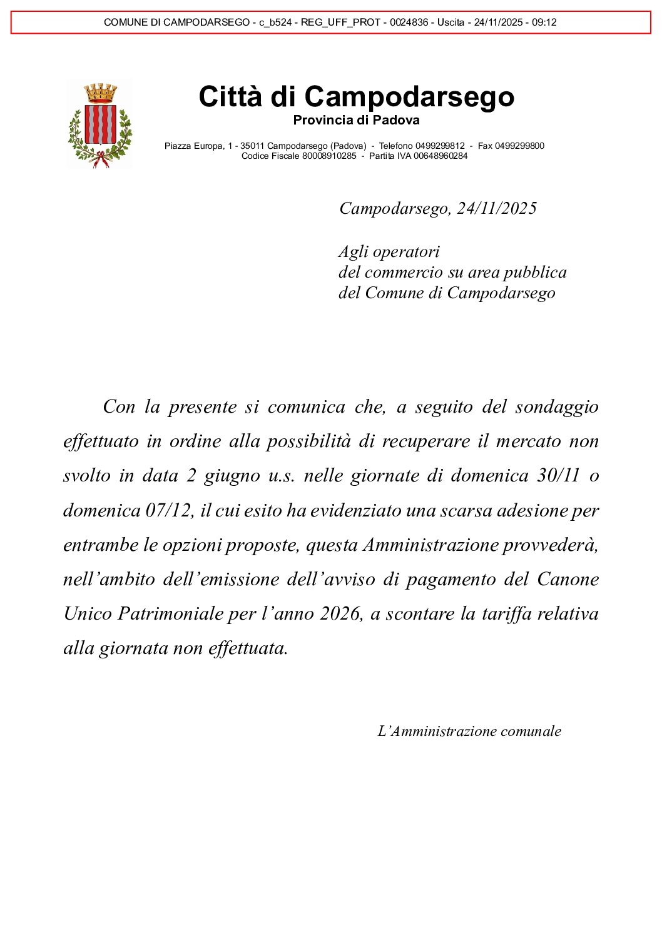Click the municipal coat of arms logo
tap(100, 126)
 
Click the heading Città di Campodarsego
tap(356, 97)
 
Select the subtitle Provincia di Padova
tap(356, 120)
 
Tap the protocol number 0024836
tap(409, 23)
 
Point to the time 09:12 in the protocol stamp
tap(544, 23)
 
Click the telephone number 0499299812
tap(440, 146)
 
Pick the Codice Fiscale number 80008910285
tap(329, 156)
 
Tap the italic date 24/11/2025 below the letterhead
tap(497, 208)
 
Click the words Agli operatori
tap(389, 251)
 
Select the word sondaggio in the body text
tap(557, 407)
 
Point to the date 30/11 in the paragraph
tap(559, 476)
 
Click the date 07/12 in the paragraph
tap(168, 511)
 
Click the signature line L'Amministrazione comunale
tap(469, 731)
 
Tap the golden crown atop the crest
tap(101, 93)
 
